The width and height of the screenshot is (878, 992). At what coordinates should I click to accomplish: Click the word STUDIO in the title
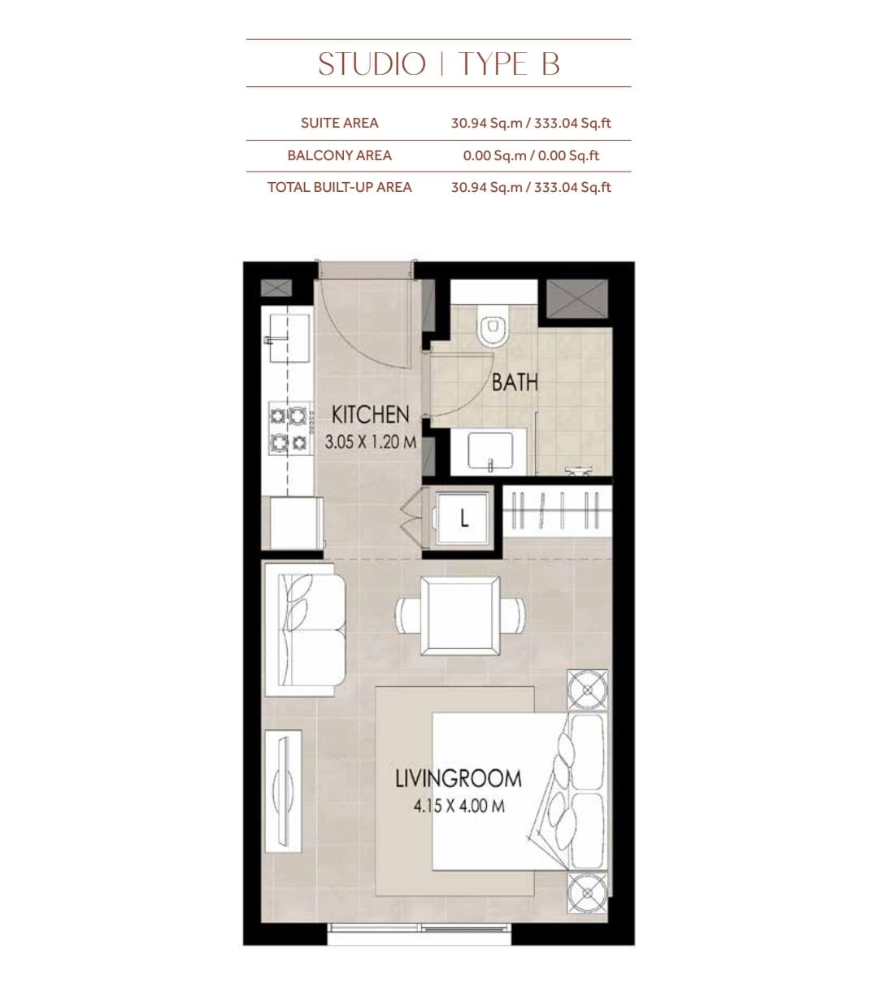pos(372,64)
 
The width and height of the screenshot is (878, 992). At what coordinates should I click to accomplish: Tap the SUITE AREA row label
pos(339,123)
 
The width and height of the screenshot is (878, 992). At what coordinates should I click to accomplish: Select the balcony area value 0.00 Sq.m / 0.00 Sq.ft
pos(531,155)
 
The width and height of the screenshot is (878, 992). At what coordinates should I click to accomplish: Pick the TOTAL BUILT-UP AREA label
pos(339,187)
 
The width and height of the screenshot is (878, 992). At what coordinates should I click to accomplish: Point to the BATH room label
pos(515,382)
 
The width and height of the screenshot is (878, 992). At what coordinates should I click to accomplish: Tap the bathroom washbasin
pos(491,451)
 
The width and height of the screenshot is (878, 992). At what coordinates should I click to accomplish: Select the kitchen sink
pos(289,337)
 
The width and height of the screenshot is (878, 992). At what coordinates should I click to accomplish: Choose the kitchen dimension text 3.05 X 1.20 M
pos(370,442)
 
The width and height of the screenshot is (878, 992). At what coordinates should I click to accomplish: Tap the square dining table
pos(460,616)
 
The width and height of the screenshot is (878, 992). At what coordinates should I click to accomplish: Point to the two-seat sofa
pos(305,629)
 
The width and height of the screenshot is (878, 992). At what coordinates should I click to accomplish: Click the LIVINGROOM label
pos(459,779)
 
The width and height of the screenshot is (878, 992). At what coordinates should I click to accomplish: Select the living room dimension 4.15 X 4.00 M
pos(459,806)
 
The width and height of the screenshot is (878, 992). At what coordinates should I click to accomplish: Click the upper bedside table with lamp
pos(588,690)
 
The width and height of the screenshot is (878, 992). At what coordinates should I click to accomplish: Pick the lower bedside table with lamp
pos(588,892)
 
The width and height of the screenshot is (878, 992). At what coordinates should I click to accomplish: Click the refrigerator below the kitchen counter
pos(296,523)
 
